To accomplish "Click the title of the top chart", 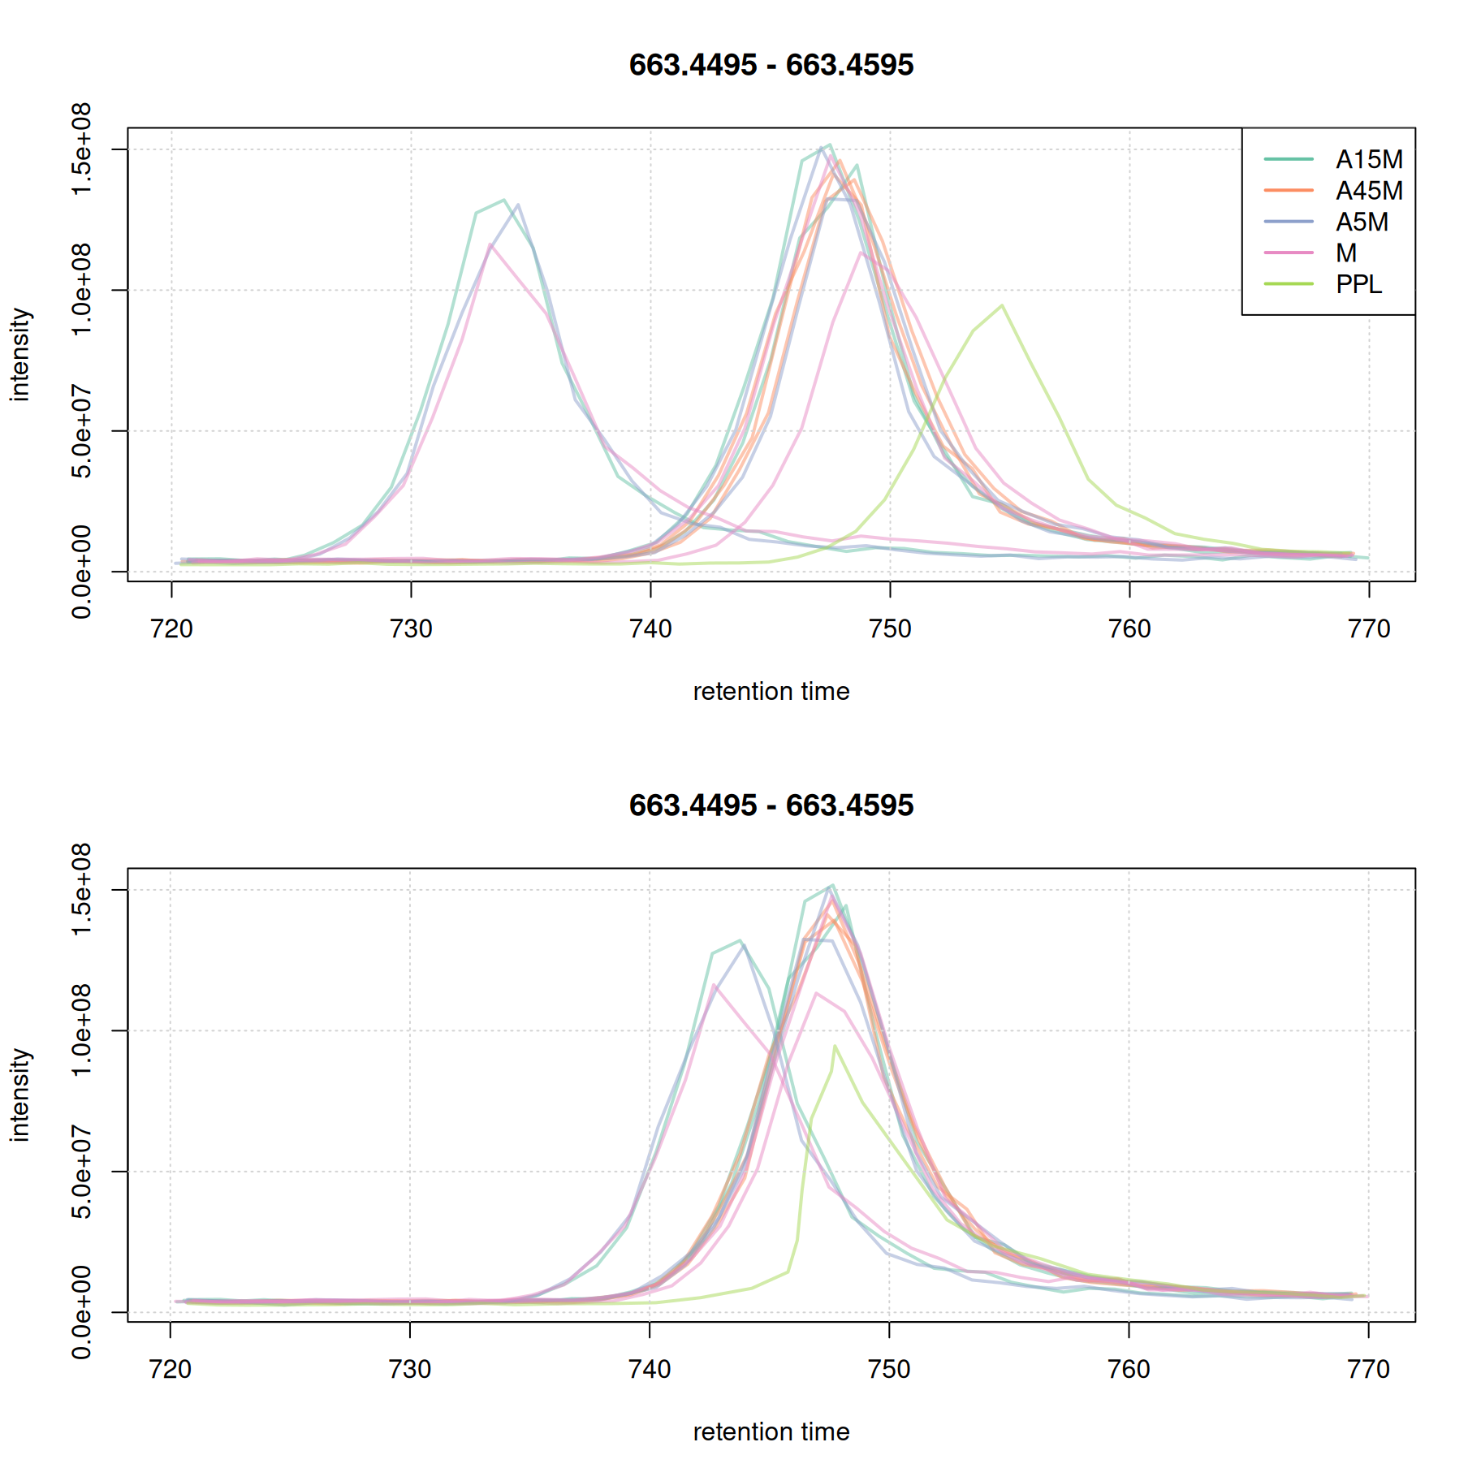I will (771, 65).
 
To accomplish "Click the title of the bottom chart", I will (771, 805).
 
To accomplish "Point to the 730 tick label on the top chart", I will (411, 629).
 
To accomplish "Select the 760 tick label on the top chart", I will (1129, 629).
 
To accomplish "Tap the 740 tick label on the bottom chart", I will (650, 1370).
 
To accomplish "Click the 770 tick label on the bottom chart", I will (1368, 1370).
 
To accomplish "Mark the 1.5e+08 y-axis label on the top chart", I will (82, 149).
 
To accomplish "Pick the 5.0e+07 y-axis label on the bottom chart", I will (82, 1172).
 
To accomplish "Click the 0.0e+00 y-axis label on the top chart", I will (82, 572).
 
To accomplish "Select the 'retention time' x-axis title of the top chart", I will (771, 692).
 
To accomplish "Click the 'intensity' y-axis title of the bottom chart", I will (20, 1095).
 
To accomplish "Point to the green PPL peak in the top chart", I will (1003, 306).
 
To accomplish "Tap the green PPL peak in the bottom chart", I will (834, 1047).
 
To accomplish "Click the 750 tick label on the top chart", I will (890, 629).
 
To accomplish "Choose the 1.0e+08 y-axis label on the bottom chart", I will (82, 1030).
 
